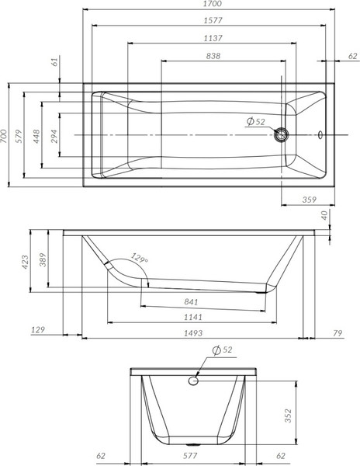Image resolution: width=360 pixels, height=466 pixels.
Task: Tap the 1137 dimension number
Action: pyautogui.click(x=206, y=38)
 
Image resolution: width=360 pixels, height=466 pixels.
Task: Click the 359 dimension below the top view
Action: pyautogui.click(x=309, y=200)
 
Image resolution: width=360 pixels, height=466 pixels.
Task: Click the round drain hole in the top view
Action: pyautogui.click(x=282, y=135)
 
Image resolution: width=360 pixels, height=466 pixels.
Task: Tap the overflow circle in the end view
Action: pyautogui.click(x=194, y=381)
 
